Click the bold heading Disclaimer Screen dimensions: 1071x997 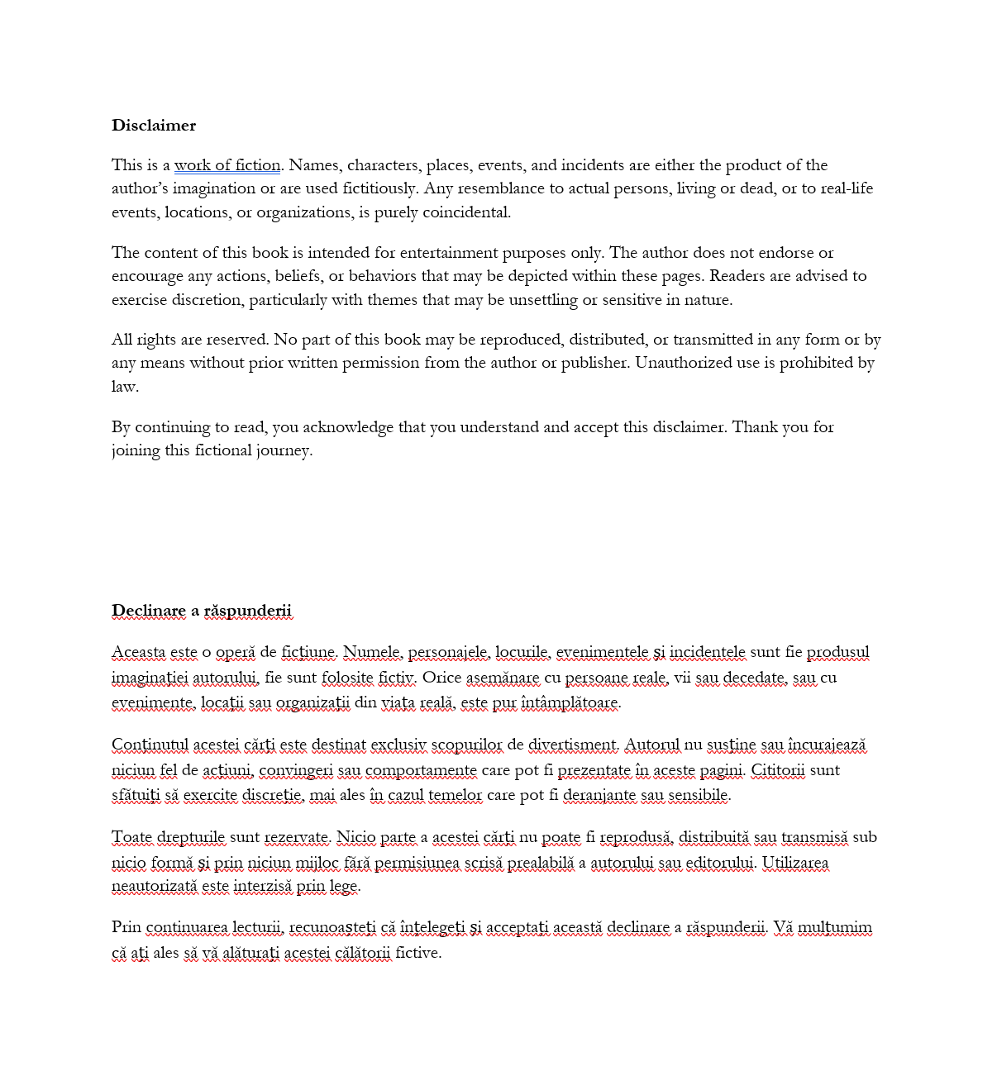click(x=154, y=126)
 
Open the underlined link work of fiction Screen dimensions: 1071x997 click(x=227, y=165)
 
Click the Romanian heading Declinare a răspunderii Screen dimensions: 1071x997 click(x=202, y=611)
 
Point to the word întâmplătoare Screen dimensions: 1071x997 click(x=570, y=703)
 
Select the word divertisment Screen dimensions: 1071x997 click(x=572, y=745)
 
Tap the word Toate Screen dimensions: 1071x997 click(x=131, y=837)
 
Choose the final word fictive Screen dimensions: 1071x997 click(x=417, y=953)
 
